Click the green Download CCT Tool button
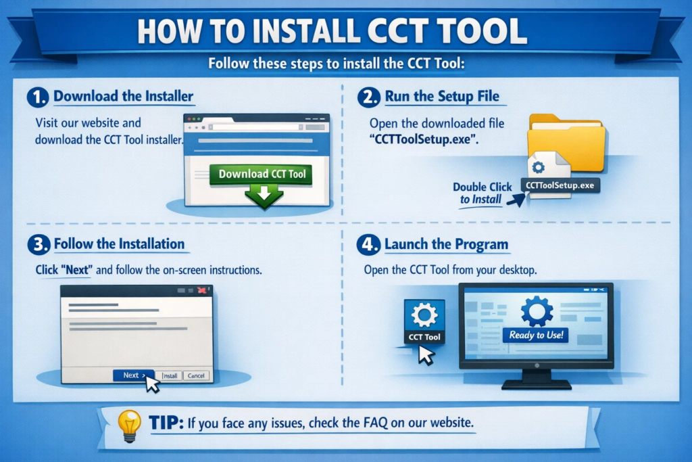click(x=262, y=174)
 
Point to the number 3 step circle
click(x=38, y=244)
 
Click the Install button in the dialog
click(x=169, y=375)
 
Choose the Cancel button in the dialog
click(x=196, y=375)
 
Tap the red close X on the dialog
click(x=201, y=291)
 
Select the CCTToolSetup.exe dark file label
click(x=561, y=185)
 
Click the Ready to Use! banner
click(x=536, y=335)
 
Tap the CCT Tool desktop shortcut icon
click(x=424, y=321)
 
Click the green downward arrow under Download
click(x=263, y=196)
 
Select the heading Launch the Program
click(x=446, y=244)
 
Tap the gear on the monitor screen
click(x=537, y=310)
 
